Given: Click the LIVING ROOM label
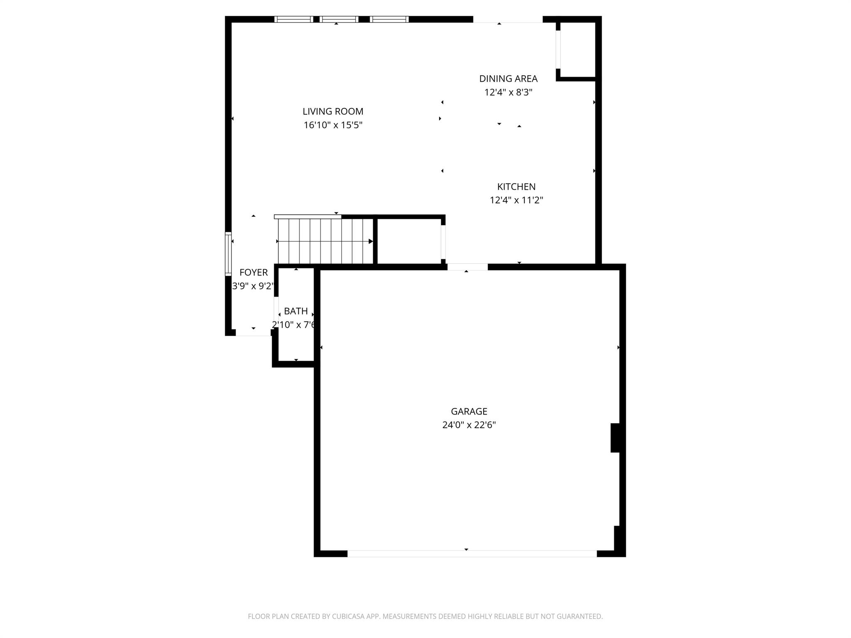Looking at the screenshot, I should [x=333, y=111].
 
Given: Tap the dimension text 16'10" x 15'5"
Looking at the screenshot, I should [x=333, y=125].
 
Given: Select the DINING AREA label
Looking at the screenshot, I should [x=508, y=79].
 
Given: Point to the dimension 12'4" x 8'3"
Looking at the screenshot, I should [x=508, y=92].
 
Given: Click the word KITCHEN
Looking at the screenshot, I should [x=516, y=186].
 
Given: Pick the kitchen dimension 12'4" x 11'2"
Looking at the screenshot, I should [x=516, y=200].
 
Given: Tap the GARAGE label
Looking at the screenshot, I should [x=469, y=411].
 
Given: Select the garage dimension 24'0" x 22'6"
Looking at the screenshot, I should [x=469, y=425].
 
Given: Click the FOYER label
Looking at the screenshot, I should [x=253, y=272].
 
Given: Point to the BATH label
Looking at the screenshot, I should [x=296, y=311].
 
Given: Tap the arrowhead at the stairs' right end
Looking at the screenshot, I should [x=371, y=241].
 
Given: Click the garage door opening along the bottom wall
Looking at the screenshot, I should [x=472, y=554].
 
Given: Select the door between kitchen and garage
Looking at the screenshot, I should [x=467, y=267].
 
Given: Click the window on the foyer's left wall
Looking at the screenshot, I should [x=228, y=254].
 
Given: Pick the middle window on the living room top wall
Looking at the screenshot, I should [x=339, y=19].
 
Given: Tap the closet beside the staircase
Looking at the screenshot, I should [x=409, y=241].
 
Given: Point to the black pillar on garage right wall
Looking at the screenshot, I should [x=615, y=437].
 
